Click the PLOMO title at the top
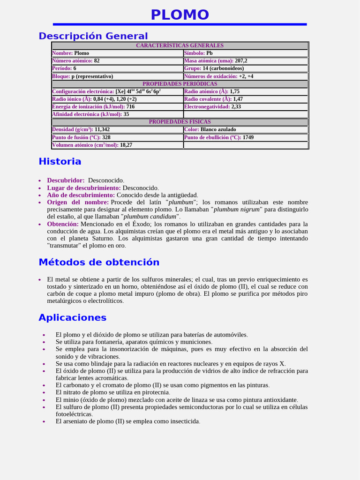point(180,15)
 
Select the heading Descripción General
point(93,36)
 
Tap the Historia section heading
point(60,162)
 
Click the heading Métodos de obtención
point(99,262)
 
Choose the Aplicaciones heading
point(72,318)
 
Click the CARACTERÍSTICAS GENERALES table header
point(180,45)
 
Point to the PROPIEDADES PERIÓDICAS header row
point(180,84)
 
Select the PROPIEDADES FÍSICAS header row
point(180,122)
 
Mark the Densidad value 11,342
point(102,129)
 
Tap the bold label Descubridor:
point(66,180)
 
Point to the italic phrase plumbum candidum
point(150,217)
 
